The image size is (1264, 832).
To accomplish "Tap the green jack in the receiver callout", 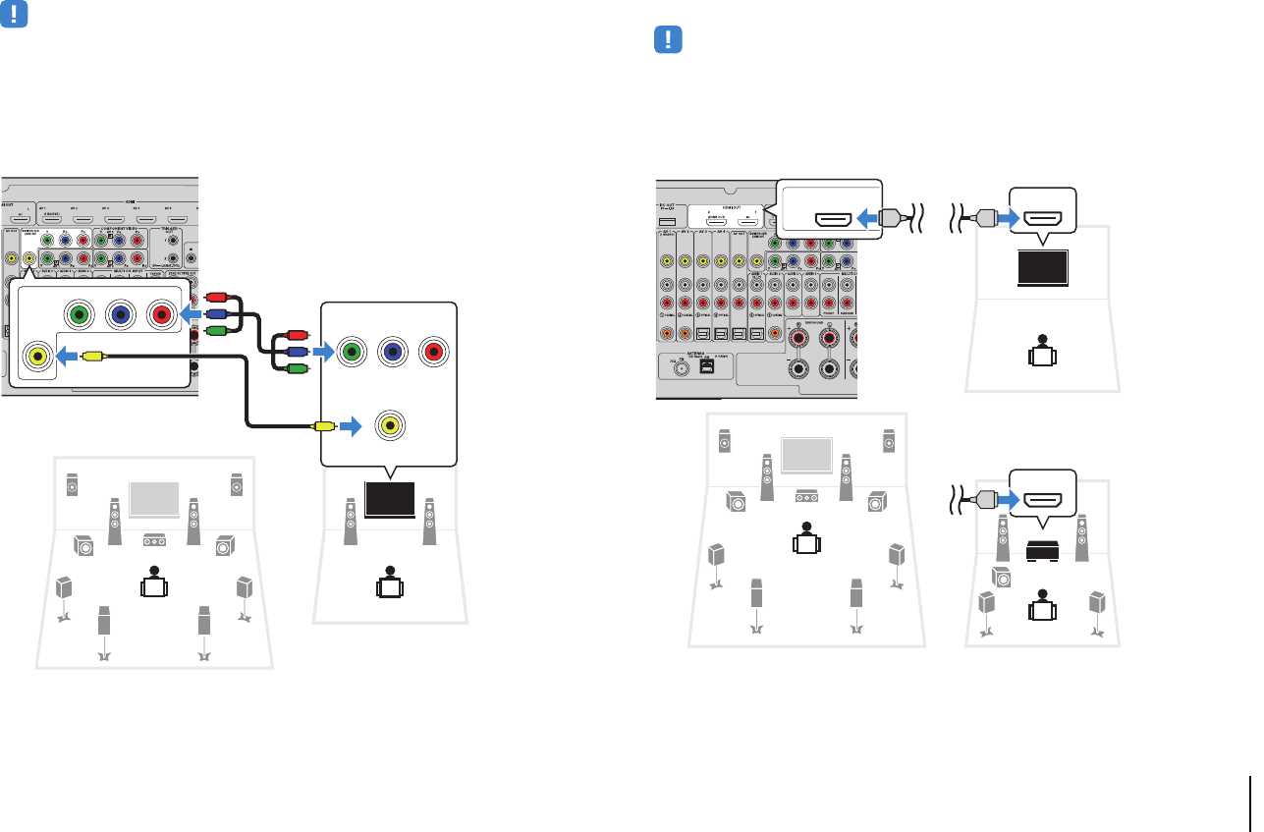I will coord(78,315).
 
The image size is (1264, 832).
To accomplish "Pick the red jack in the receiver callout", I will coord(162,315).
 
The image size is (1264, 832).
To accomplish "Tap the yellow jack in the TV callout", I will coord(391,426).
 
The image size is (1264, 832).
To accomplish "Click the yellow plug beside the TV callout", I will coord(322,426).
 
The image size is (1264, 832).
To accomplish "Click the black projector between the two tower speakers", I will coord(1042,550).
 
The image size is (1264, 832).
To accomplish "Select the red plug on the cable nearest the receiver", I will coord(215,297).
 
